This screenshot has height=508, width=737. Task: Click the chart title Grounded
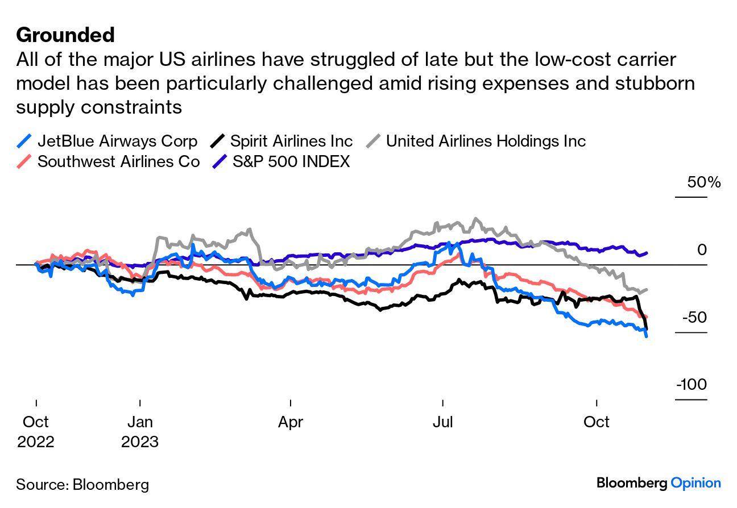point(65,35)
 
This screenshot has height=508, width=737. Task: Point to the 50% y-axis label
point(703,183)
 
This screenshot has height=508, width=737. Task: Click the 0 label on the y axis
point(702,250)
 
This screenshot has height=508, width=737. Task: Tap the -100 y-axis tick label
point(691,385)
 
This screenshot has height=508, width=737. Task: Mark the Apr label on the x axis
point(291,422)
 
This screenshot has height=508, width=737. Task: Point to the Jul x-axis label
point(442,422)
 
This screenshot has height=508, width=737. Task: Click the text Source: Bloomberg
point(82,485)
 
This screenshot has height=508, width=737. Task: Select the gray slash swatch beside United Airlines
point(373,141)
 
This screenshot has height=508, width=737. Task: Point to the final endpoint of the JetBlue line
point(647,336)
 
